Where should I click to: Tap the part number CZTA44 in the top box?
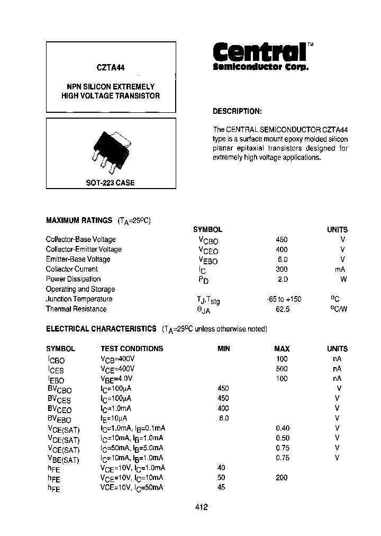click(111, 68)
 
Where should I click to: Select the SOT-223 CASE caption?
click(111, 183)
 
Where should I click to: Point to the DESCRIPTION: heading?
click(237, 112)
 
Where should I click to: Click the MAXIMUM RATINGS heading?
click(79, 220)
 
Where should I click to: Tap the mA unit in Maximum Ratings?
click(340, 269)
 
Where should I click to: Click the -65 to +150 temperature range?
click(284, 299)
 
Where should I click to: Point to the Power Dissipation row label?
click(73, 279)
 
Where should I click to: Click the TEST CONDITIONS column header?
click(132, 349)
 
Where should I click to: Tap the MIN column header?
click(224, 349)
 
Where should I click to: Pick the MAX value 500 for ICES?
click(282, 369)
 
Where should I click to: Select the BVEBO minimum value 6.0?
click(223, 418)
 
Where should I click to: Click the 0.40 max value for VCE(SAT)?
click(283, 428)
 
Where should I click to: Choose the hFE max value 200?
click(282, 478)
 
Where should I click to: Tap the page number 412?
click(201, 507)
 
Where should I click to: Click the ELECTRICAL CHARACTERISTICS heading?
click(101, 329)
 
